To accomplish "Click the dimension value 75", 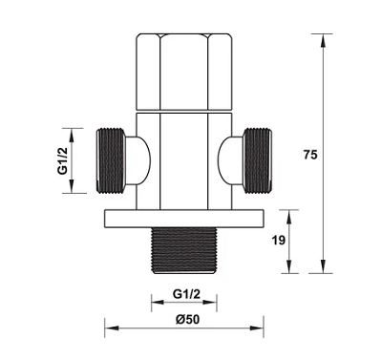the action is click(310, 155).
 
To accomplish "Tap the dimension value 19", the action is click(279, 241).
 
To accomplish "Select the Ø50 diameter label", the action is click(187, 319).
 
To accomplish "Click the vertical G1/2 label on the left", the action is click(63, 160).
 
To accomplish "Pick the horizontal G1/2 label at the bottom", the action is click(186, 294).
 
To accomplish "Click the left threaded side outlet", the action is click(110, 160).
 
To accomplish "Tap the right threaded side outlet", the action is click(258, 160).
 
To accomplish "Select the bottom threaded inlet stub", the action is click(183, 251).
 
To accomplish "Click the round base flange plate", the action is click(184, 219).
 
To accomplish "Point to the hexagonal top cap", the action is click(184, 72).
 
